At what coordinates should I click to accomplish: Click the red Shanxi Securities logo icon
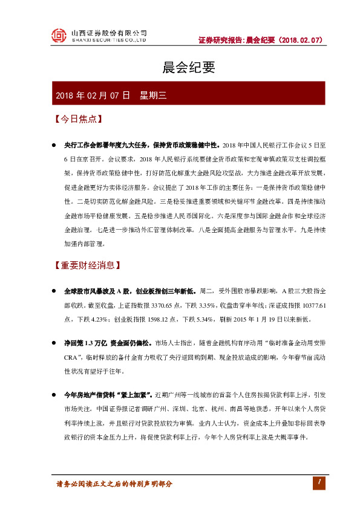pos(58,36)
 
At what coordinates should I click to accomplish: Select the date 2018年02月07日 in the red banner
pos(93,96)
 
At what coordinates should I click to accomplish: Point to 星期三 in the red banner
pos(152,96)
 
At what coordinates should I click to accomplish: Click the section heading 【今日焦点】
pos(77,119)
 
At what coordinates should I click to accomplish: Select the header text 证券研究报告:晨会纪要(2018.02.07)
pos(261,39)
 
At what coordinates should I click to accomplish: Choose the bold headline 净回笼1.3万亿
pos(82,342)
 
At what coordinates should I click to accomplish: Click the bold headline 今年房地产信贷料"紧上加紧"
pos(108,394)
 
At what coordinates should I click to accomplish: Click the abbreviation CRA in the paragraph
pos(72,356)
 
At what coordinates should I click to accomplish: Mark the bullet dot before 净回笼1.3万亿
pos(54,343)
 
